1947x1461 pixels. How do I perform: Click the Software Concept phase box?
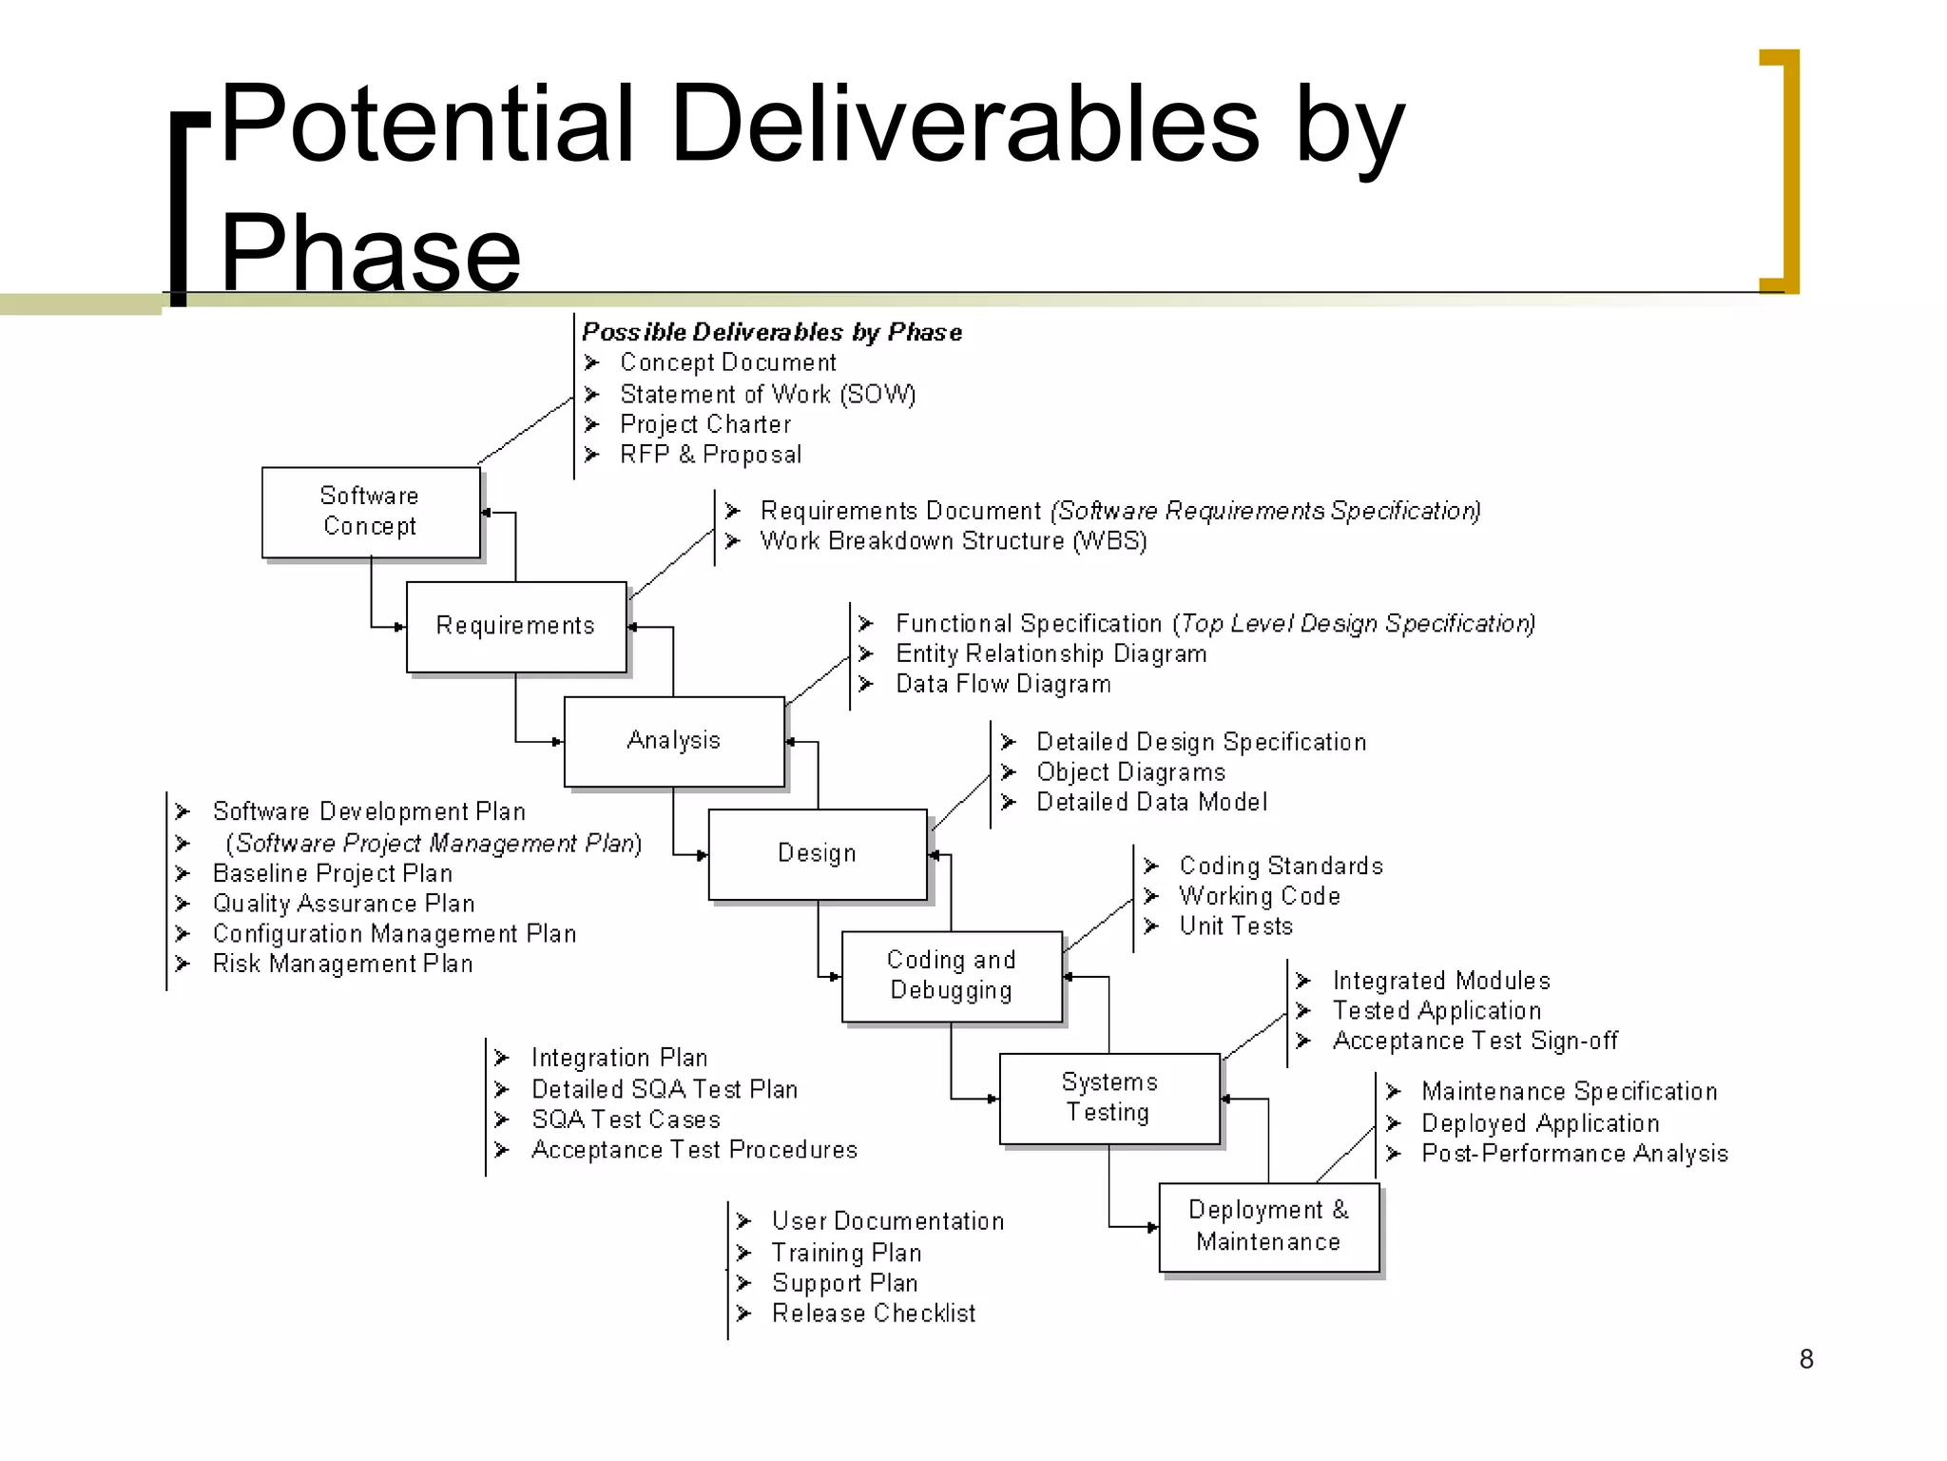[x=371, y=512]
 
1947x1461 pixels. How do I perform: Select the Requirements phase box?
[x=515, y=626]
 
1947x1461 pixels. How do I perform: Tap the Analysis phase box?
[x=674, y=741]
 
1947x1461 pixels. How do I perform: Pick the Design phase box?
[x=818, y=853]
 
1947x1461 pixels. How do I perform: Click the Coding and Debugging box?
[x=952, y=976]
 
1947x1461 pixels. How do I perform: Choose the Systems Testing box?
[x=1108, y=1098]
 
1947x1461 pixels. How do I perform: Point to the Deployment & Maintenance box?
[x=1268, y=1226]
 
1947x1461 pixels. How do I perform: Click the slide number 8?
[x=1806, y=1359]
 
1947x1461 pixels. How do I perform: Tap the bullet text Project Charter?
[x=705, y=424]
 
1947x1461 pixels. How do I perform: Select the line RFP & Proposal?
[x=710, y=455]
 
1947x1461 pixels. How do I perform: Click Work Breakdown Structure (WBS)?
[x=954, y=541]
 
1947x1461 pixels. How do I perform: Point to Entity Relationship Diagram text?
[x=1051, y=654]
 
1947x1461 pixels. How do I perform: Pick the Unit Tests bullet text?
[x=1236, y=926]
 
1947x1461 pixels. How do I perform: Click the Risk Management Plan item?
[x=342, y=964]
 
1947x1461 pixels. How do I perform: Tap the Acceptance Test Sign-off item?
[x=1475, y=1042]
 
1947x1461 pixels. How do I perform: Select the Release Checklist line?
[x=874, y=1314]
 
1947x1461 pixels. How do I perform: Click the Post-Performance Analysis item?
[x=1574, y=1154]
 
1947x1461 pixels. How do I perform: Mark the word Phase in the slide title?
[x=371, y=253]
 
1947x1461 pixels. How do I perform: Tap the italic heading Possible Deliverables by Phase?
[x=772, y=332]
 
